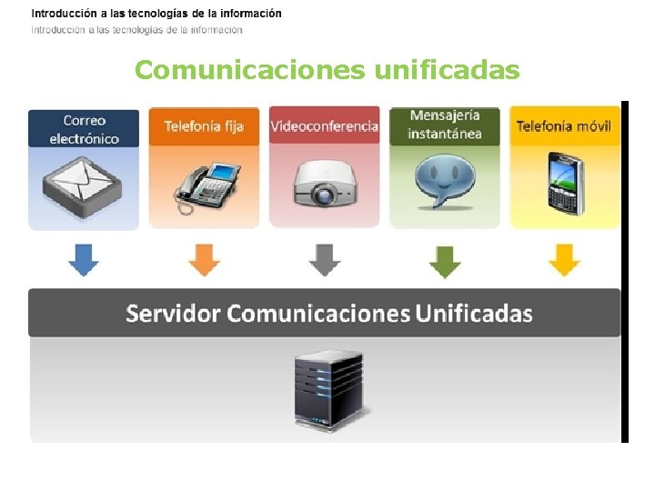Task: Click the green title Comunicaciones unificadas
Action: (x=327, y=70)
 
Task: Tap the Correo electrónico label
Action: (x=84, y=129)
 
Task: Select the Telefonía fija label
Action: (x=204, y=126)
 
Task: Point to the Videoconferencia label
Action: (x=324, y=126)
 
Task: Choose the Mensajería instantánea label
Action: (x=444, y=125)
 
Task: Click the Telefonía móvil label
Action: (x=564, y=126)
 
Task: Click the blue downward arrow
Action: (x=84, y=260)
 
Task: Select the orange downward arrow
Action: (x=204, y=260)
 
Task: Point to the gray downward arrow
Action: (x=324, y=260)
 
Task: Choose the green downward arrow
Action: (x=444, y=260)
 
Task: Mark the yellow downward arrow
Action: (x=564, y=260)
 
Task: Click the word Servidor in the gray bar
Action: (x=173, y=314)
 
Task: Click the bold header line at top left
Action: (x=156, y=14)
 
